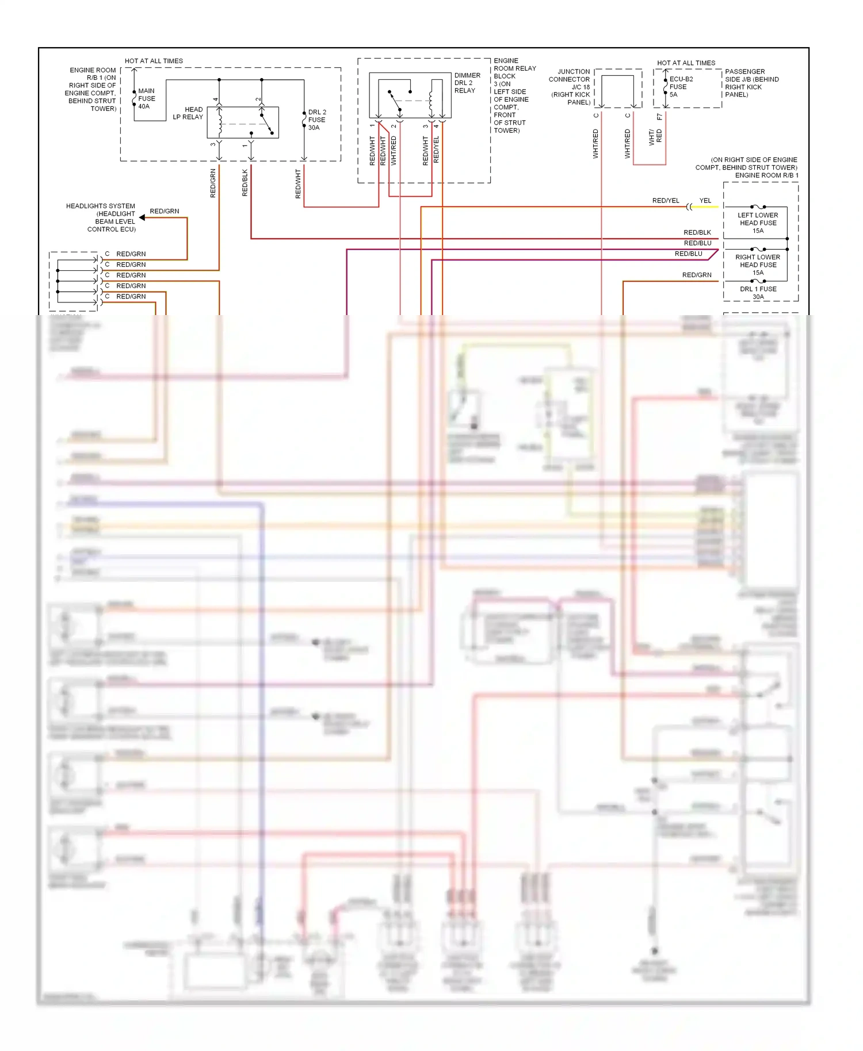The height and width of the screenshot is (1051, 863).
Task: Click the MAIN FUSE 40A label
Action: point(146,98)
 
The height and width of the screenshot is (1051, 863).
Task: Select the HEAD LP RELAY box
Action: point(243,122)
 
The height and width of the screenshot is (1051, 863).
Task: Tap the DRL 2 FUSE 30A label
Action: point(316,120)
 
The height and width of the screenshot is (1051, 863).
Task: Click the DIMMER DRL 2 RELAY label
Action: point(467,83)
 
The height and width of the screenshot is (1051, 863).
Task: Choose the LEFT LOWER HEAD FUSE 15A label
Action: point(758,223)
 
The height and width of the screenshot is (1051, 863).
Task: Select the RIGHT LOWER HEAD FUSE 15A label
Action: point(758,264)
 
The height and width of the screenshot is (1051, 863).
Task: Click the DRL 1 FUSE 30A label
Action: point(758,293)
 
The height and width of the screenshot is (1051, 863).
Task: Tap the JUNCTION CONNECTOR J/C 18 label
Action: point(570,87)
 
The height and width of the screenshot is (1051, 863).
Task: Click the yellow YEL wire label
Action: point(705,201)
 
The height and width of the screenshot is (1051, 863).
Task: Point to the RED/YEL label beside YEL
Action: point(666,201)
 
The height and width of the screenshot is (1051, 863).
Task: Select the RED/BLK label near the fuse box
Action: point(697,232)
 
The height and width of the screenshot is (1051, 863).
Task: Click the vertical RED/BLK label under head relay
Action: point(245,183)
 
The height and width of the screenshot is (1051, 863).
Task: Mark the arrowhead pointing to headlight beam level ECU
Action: point(142,217)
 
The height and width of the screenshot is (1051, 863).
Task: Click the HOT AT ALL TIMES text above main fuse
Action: point(154,61)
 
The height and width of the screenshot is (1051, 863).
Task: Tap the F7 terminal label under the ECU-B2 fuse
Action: point(659,117)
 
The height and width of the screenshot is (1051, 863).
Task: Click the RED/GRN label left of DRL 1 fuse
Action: point(697,275)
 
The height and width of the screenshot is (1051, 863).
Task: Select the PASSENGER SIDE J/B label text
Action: point(751,83)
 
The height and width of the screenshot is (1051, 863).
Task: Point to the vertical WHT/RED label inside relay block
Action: point(394,151)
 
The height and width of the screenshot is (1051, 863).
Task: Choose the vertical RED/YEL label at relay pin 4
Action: point(436,149)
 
